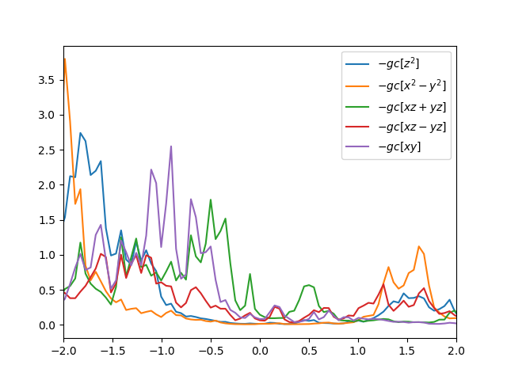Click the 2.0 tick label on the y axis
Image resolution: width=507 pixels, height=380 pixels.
tap(48, 185)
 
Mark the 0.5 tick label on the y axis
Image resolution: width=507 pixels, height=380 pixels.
tap(48, 290)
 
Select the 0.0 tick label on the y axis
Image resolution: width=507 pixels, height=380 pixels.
tap(48, 325)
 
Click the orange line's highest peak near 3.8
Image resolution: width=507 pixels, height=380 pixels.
tap(65, 59)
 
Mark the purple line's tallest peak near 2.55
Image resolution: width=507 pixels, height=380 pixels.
tap(171, 146)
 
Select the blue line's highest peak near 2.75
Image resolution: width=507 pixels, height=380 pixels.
tap(80, 133)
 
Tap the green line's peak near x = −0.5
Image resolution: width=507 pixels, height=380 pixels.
tap(211, 199)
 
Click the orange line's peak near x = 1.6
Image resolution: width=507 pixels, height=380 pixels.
tap(418, 246)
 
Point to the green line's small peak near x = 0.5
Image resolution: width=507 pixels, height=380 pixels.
tap(309, 285)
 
